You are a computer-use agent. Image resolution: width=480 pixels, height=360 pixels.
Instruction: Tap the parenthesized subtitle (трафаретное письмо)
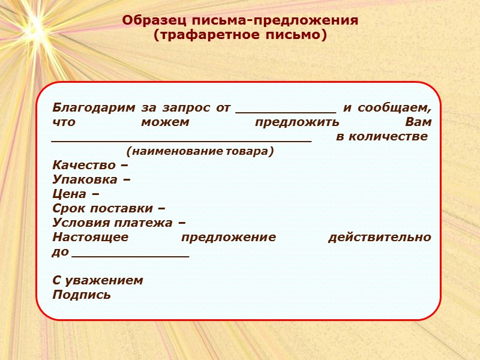click(240, 35)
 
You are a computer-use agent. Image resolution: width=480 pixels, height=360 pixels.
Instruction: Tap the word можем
click(164, 122)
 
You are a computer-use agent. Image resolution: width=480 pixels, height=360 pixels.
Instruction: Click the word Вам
click(418, 122)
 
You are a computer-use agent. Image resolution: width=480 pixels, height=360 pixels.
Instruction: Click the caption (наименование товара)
click(200, 151)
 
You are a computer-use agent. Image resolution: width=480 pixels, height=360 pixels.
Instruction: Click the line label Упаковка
click(88, 179)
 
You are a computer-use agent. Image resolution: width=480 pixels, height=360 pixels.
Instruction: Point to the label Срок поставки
click(104, 208)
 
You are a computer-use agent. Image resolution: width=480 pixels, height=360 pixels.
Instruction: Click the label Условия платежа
click(114, 223)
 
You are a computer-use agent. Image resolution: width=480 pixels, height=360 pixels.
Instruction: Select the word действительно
click(379, 237)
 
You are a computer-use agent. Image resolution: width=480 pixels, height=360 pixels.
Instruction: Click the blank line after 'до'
click(130, 254)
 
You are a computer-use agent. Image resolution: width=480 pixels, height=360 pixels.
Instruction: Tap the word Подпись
click(82, 295)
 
